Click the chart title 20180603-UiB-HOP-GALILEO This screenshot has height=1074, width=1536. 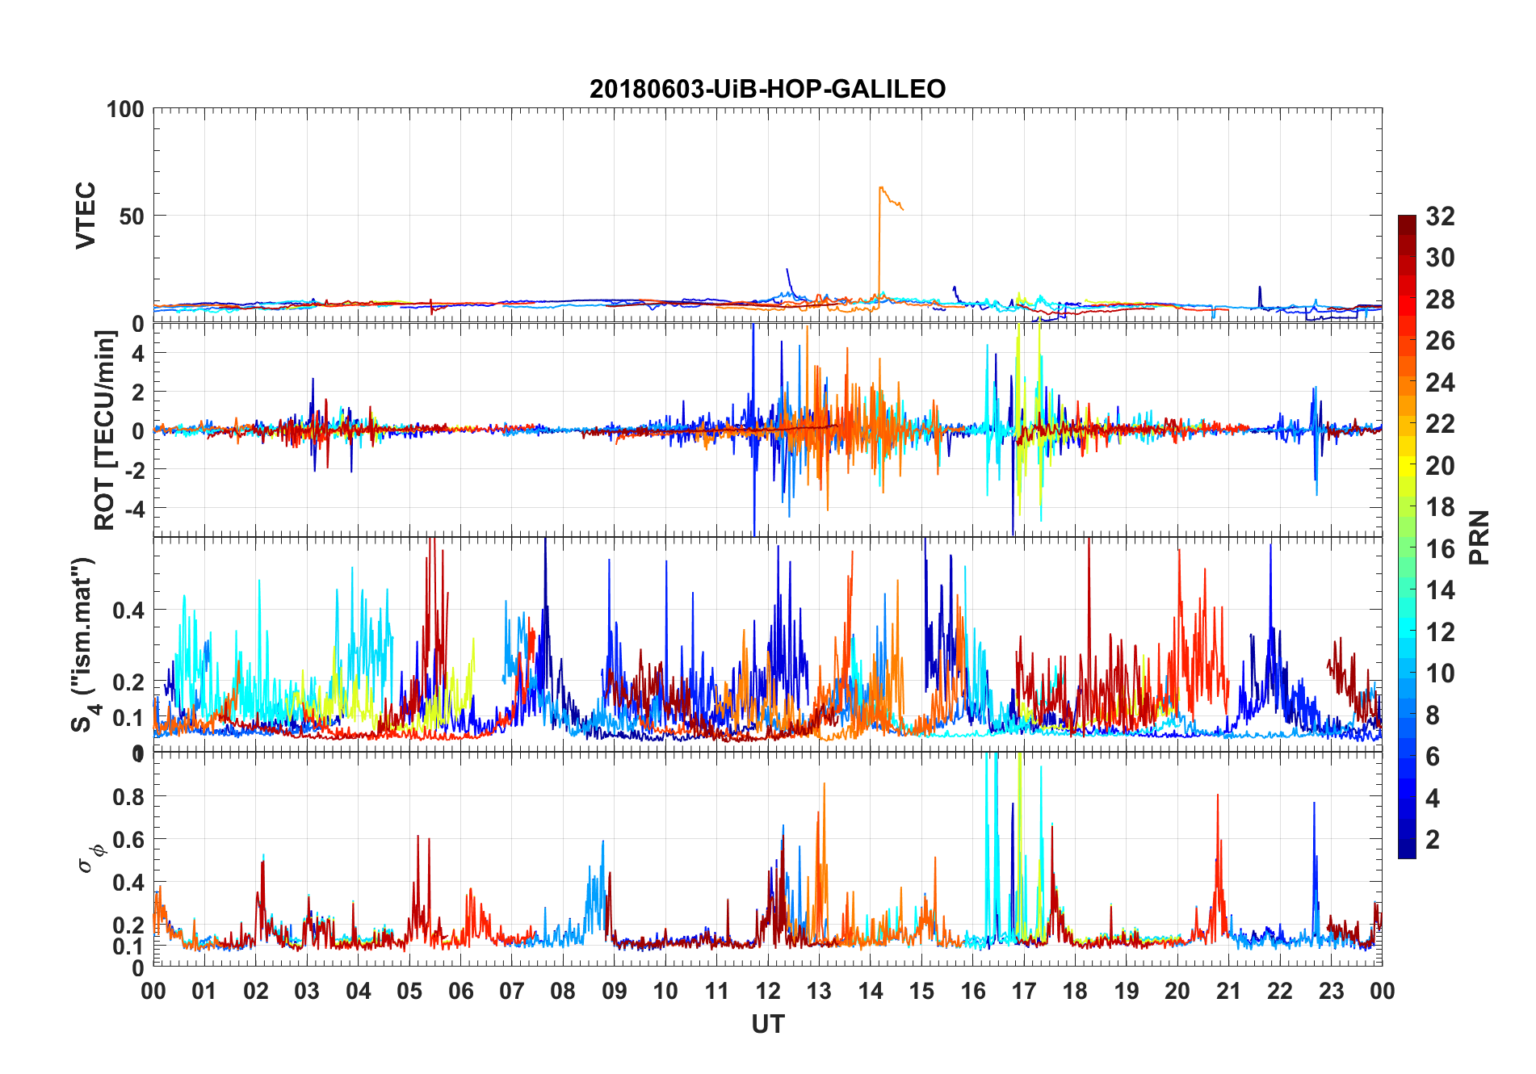[x=767, y=89]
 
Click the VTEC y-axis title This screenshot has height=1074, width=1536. [x=86, y=216]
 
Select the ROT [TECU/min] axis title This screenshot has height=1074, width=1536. [x=104, y=430]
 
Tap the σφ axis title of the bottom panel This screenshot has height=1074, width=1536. [x=90, y=855]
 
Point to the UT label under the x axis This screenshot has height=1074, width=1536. [x=767, y=1025]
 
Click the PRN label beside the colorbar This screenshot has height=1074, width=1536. [x=1479, y=537]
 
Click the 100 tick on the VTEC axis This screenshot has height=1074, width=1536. [x=125, y=109]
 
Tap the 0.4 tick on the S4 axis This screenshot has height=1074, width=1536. [x=128, y=610]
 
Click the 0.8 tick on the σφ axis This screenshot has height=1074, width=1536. [x=128, y=797]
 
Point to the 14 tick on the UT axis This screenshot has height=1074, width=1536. [x=870, y=991]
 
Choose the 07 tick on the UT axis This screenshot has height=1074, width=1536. [x=512, y=991]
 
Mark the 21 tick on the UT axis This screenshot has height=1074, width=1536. [x=1228, y=991]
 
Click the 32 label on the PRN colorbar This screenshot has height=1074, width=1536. [x=1440, y=216]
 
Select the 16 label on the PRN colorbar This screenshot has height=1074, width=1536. [x=1440, y=549]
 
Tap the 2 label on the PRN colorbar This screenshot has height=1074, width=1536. [x=1433, y=840]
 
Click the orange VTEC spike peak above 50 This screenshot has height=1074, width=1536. [x=880, y=188]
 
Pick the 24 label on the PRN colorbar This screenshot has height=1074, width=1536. [x=1440, y=383]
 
